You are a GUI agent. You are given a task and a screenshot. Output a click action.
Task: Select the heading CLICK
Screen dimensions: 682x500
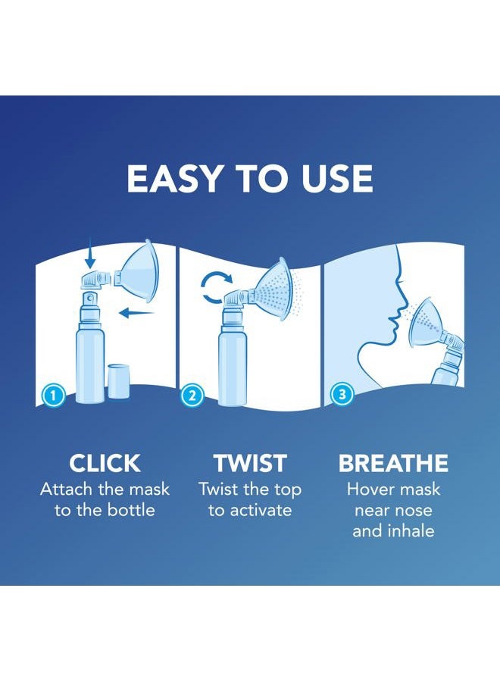105,463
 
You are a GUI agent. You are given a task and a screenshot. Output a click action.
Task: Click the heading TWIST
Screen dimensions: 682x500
250,463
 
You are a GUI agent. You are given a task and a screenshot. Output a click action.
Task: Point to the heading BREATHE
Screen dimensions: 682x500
393,463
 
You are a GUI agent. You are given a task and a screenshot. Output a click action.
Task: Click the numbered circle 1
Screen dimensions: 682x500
52,395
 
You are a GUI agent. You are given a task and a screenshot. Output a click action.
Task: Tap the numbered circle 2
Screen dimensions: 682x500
192,395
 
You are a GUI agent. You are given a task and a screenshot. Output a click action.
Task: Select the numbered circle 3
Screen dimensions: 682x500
342,395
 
